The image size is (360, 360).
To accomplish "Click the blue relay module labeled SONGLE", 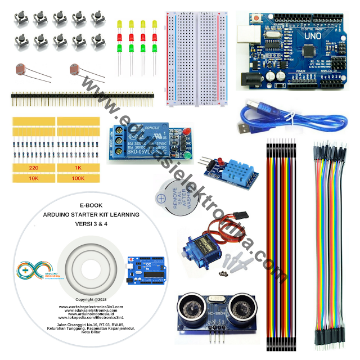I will (x=143, y=141).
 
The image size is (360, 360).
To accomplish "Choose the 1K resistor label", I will (x=79, y=168).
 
